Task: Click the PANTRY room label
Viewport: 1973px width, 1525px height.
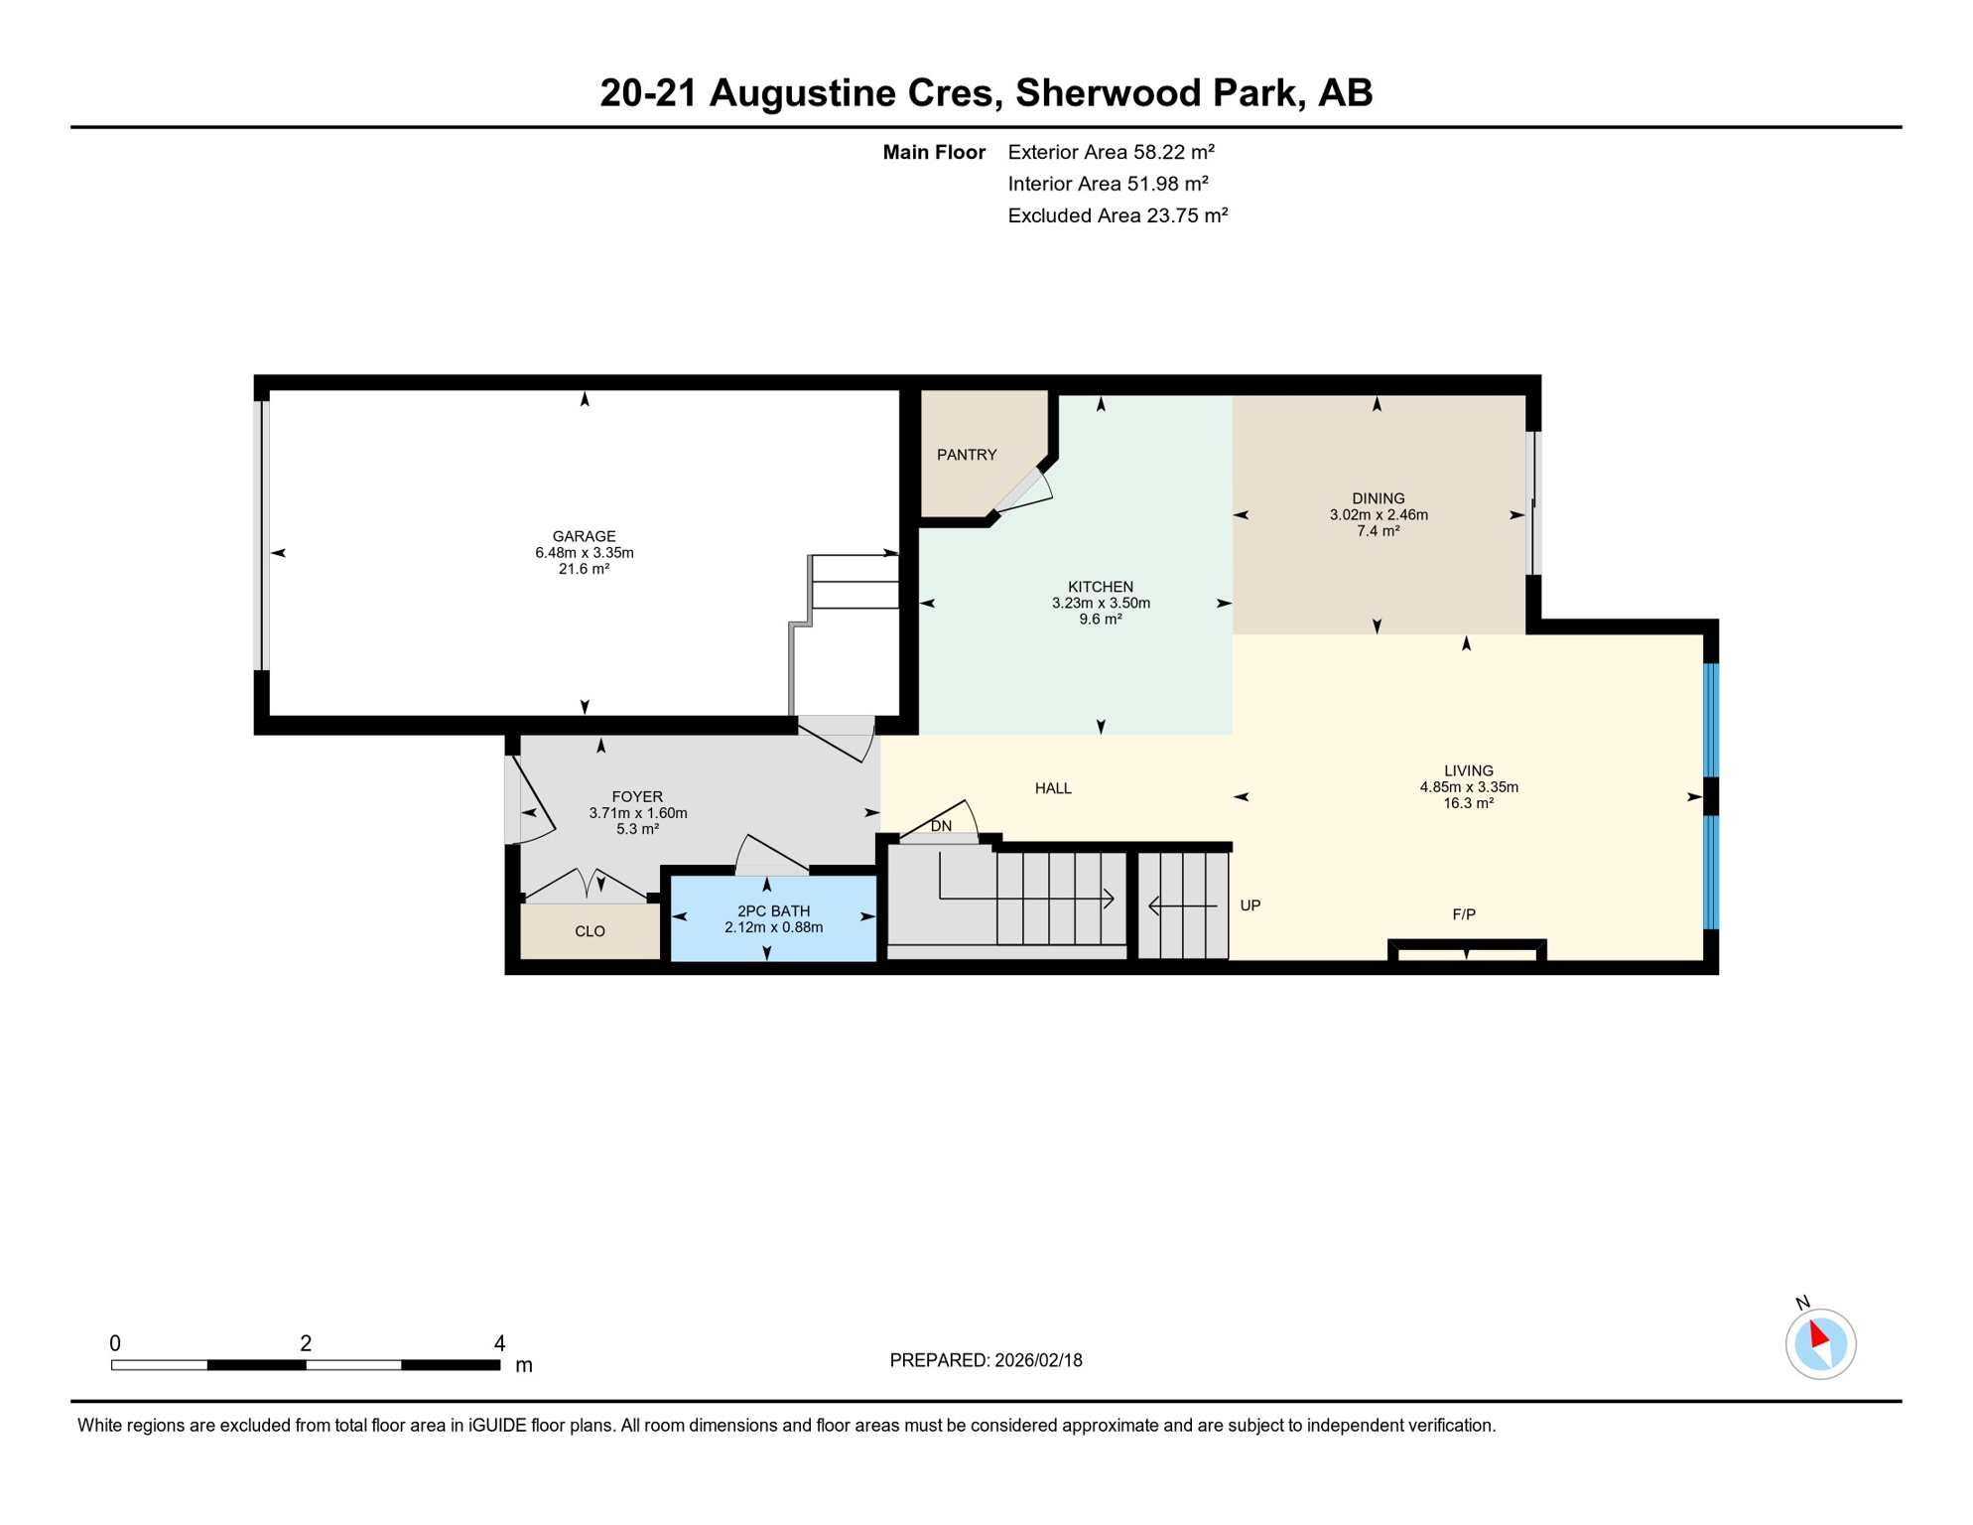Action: pos(966,455)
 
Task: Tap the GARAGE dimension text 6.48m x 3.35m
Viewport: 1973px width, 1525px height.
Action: pos(584,553)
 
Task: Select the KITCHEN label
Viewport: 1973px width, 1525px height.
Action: pos(1100,587)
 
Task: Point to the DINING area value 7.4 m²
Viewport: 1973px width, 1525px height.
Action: pos(1378,531)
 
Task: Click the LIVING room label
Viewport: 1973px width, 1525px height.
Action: pos(1468,770)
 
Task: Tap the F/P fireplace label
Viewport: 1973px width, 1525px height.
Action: pos(1463,914)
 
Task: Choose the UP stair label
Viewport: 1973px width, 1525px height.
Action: pos(1250,905)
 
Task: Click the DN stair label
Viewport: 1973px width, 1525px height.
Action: pos(941,826)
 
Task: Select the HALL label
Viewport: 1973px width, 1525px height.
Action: pos(1053,788)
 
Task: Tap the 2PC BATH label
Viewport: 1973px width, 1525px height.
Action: pos(773,910)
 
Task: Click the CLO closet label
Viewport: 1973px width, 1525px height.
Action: pos(590,931)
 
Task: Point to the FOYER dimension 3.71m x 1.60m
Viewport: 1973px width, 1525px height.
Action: pos(637,813)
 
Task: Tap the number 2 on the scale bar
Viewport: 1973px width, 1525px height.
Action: pos(306,1343)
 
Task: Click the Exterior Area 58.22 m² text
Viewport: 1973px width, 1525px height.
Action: pos(1111,152)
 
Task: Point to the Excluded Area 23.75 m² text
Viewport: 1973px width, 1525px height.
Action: pos(1118,215)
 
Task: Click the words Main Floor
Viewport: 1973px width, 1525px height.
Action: pos(933,152)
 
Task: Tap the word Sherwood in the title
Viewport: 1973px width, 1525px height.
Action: pos(1101,93)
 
